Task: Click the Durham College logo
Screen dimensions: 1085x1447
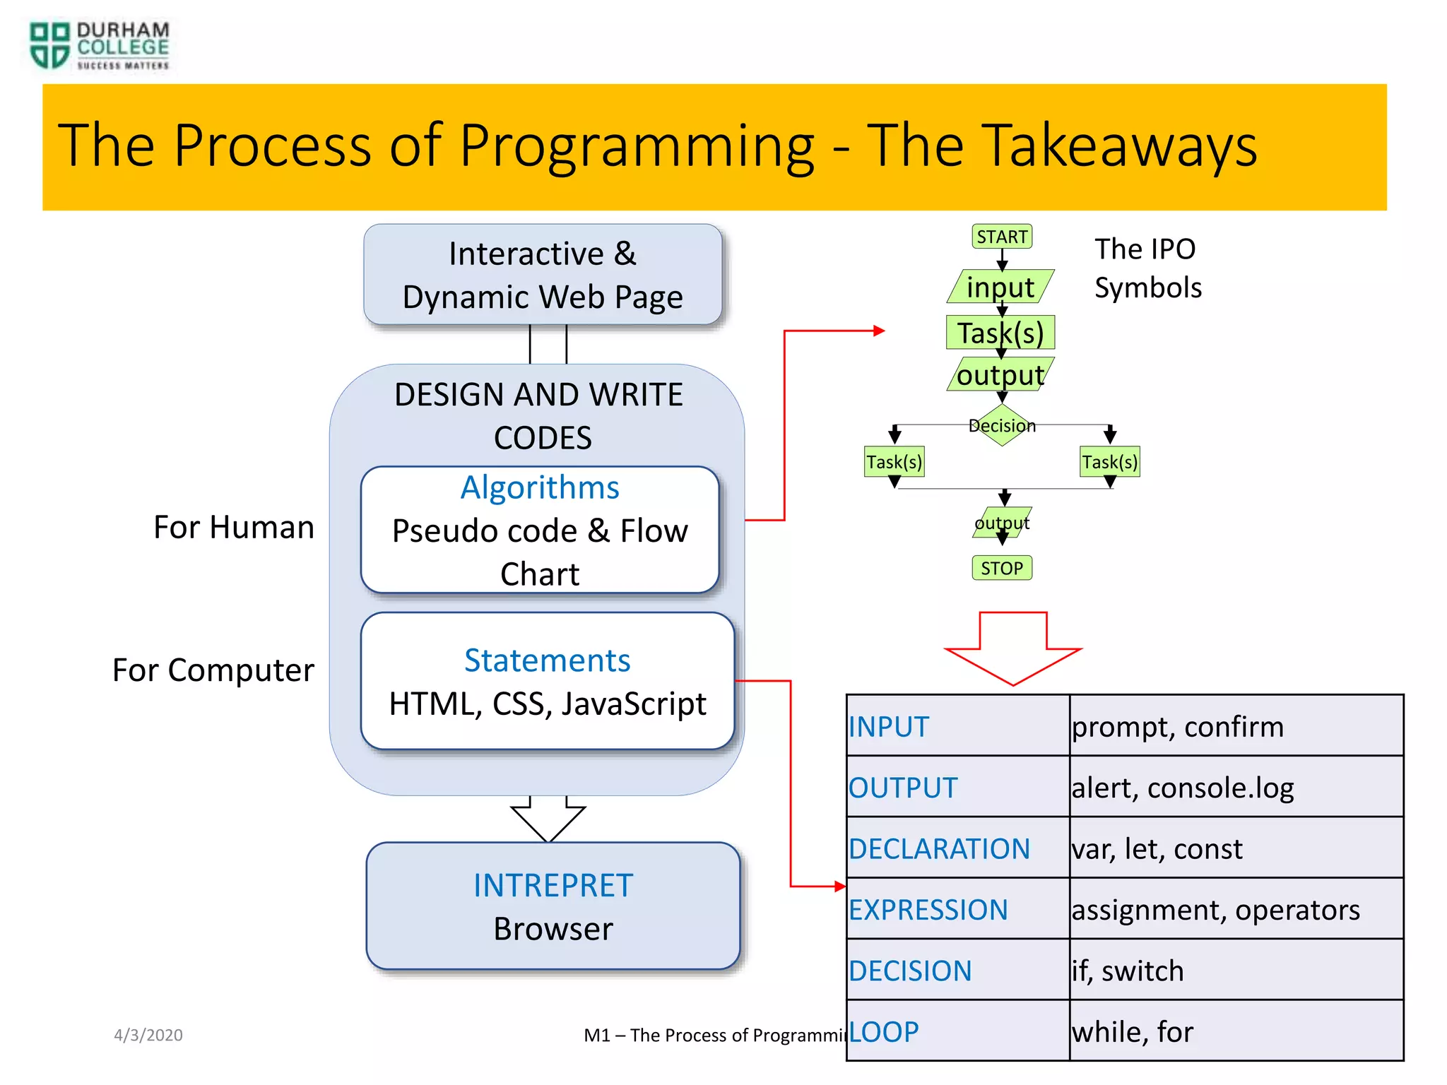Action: tap(99, 46)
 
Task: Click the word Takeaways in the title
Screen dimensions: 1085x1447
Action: tap(1061, 146)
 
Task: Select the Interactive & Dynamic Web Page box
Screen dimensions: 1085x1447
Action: tap(543, 275)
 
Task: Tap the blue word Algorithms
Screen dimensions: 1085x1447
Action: tap(540, 487)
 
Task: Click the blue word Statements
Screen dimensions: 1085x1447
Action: tap(547, 660)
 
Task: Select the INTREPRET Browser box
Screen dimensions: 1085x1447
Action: tap(553, 906)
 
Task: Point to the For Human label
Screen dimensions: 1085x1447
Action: tap(234, 528)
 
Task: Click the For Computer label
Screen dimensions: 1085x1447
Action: tap(213, 670)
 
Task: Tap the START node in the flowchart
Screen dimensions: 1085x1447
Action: tap(1002, 237)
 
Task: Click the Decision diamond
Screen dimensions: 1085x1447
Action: tap(1002, 425)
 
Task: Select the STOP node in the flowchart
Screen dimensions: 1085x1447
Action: tap(1002, 568)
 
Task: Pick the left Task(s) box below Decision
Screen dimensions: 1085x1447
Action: tap(894, 462)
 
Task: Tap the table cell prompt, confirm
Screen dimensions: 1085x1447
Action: tap(1235, 727)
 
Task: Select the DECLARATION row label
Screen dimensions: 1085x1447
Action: tap(940, 848)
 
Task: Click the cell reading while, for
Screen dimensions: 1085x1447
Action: tap(1235, 1032)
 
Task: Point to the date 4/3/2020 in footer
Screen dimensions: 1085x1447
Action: tap(148, 1035)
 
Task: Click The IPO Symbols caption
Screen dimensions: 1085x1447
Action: tap(1147, 268)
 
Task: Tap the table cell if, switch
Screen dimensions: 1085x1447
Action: tap(1235, 971)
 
